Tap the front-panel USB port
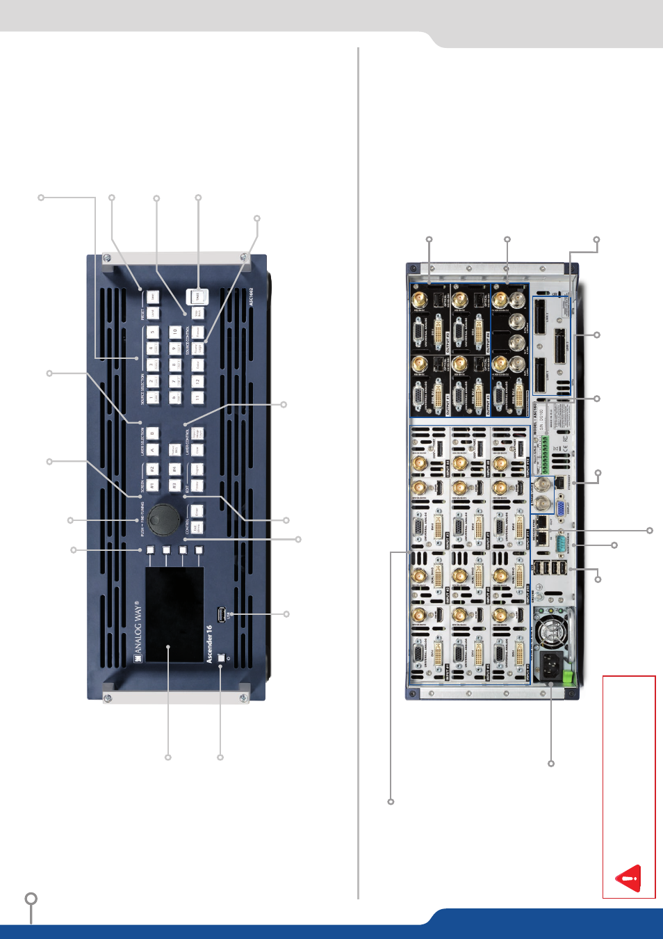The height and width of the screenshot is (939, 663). pyautogui.click(x=222, y=615)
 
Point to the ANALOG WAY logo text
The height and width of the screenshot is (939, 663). pyautogui.click(x=138, y=632)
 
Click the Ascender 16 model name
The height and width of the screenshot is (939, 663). pyautogui.click(x=209, y=643)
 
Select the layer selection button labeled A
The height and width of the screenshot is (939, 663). pyautogui.click(x=152, y=451)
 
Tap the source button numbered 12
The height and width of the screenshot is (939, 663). pyautogui.click(x=197, y=382)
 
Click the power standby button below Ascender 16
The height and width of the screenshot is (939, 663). pyautogui.click(x=222, y=657)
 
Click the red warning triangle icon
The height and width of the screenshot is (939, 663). pyautogui.click(x=629, y=878)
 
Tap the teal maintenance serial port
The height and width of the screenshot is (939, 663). pyautogui.click(x=561, y=540)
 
